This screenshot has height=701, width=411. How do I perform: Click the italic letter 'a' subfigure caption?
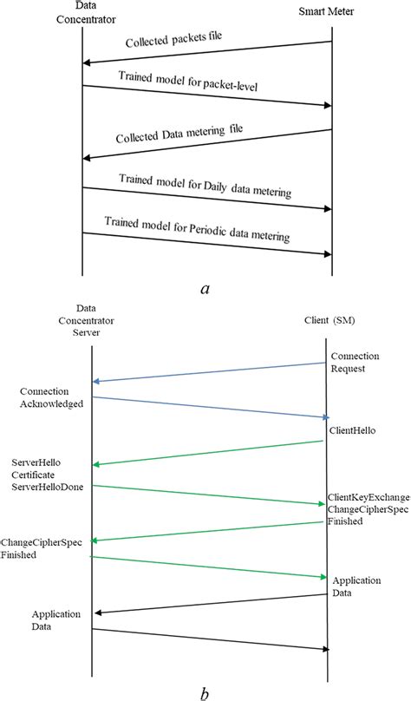point(205,288)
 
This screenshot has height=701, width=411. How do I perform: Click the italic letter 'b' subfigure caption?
point(205,691)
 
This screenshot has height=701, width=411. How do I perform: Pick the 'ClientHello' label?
point(351,429)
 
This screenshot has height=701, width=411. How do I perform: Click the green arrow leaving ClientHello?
point(208,452)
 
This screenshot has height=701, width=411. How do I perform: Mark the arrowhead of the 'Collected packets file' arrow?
point(87,62)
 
